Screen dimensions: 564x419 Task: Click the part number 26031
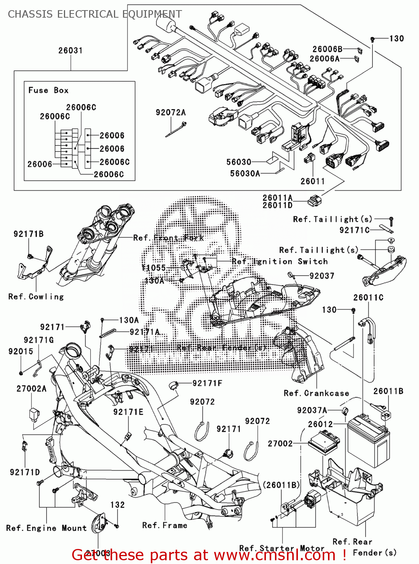tap(70, 50)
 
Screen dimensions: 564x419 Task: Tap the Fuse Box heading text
tap(48, 90)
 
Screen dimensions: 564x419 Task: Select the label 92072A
tap(171, 112)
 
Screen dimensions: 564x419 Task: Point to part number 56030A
tap(245, 173)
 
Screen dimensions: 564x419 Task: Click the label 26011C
tap(368, 297)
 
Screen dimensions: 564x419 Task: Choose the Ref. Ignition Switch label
tap(279, 261)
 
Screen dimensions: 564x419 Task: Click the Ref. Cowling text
tap(36, 297)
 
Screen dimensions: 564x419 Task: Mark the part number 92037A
tap(312, 410)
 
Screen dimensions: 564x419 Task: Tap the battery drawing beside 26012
tap(368, 442)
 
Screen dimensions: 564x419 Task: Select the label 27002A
tap(32, 388)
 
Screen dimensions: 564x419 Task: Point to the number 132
tap(117, 505)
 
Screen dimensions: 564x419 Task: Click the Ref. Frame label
tap(165, 525)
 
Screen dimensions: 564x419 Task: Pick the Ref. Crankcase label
tap(316, 393)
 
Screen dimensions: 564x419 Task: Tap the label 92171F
tap(207, 383)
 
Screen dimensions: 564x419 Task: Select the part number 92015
tap(21, 351)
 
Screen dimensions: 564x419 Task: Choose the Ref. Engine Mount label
tap(46, 528)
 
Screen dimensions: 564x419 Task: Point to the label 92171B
tap(29, 234)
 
